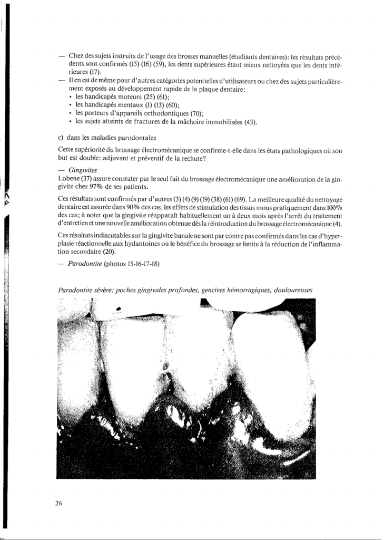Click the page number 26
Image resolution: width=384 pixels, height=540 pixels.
tap(58, 503)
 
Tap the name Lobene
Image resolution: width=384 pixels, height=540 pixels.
tap(70, 179)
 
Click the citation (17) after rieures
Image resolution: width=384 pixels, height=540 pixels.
tap(94, 72)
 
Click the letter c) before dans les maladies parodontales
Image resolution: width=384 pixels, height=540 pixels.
tap(61, 138)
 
